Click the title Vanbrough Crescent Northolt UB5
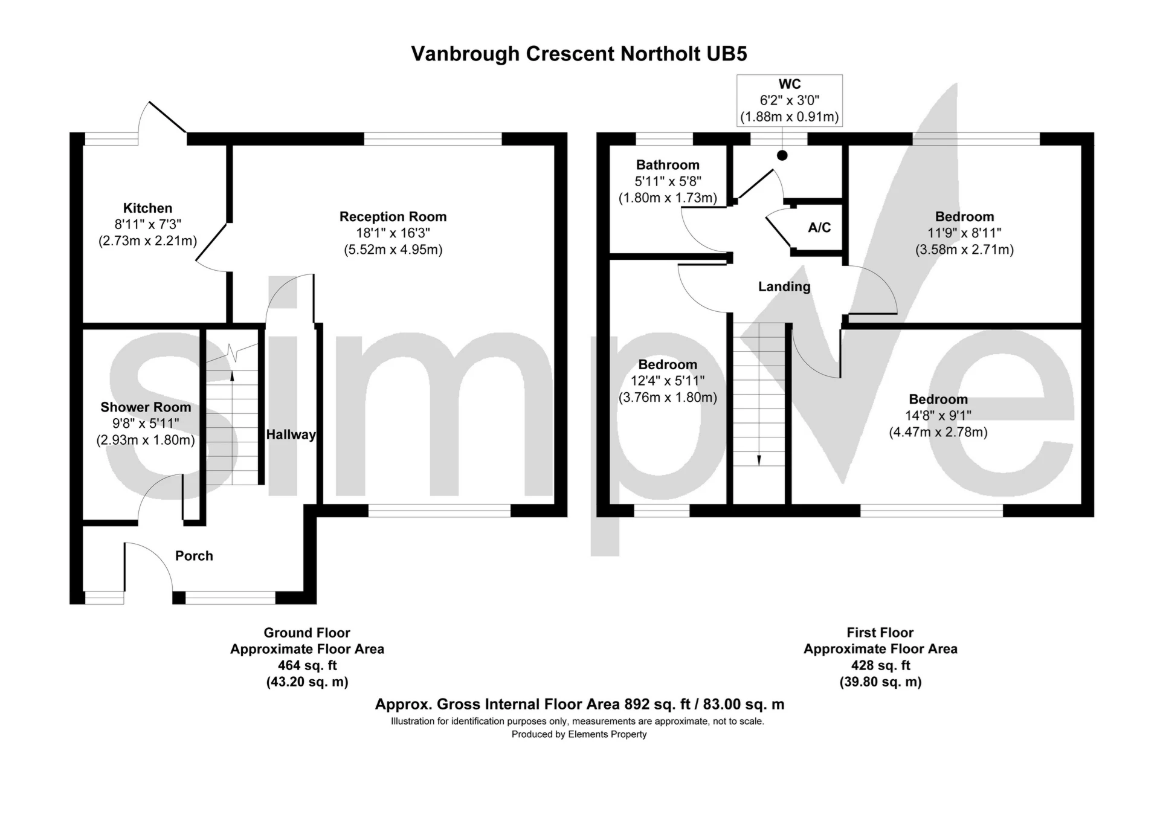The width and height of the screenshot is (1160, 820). click(x=579, y=54)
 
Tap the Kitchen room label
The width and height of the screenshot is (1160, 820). click(x=147, y=208)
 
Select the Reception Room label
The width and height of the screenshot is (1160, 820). click(x=393, y=216)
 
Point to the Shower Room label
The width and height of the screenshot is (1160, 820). click(x=146, y=407)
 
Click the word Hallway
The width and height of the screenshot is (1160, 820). click(x=291, y=434)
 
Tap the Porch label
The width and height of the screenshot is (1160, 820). click(x=194, y=556)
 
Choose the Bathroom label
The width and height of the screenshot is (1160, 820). click(x=668, y=165)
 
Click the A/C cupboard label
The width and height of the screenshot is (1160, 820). click(x=819, y=228)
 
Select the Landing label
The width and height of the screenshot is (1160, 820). click(x=784, y=286)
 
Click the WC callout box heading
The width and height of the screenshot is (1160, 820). click(x=790, y=85)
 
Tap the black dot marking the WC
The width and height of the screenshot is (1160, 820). click(x=782, y=155)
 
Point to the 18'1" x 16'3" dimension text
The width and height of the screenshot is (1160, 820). click(x=393, y=233)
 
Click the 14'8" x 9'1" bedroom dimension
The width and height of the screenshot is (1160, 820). click(x=938, y=416)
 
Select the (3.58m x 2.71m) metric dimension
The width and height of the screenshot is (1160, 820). click(x=964, y=250)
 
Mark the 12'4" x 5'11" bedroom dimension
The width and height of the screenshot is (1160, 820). click(x=668, y=381)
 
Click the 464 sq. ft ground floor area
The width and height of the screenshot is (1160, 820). click(x=307, y=665)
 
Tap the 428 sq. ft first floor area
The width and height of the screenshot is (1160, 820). click(x=880, y=665)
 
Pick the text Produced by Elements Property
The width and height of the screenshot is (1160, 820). click(x=579, y=734)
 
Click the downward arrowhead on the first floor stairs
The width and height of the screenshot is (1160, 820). click(x=759, y=460)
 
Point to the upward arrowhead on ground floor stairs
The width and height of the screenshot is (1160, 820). click(x=232, y=376)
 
